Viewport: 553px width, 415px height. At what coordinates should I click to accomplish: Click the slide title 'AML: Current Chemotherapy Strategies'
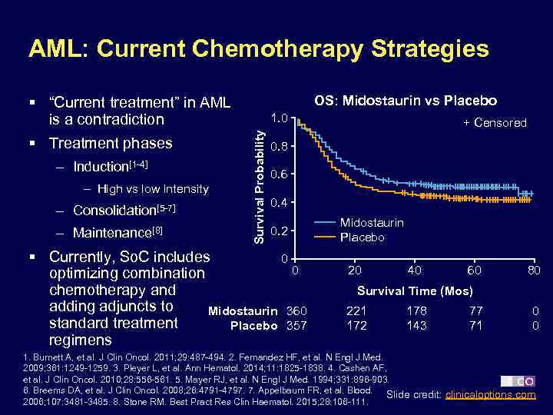click(x=258, y=49)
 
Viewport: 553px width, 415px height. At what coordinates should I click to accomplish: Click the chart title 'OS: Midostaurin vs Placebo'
click(x=406, y=101)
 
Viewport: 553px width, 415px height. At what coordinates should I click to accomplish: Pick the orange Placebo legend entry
click(x=363, y=237)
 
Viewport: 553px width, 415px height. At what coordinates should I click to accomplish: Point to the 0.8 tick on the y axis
click(x=280, y=146)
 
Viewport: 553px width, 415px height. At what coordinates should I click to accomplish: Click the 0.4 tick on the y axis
click(x=280, y=203)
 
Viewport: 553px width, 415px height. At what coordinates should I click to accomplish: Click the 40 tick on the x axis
click(x=415, y=271)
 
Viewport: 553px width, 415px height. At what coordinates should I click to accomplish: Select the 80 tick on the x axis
click(x=534, y=271)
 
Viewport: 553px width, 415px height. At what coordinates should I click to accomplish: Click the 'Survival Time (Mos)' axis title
click(x=415, y=291)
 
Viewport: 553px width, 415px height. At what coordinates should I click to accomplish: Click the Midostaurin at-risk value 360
click(x=296, y=310)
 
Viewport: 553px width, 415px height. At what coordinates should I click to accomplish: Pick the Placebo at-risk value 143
click(x=416, y=326)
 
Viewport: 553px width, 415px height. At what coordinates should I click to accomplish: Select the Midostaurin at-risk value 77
click(x=476, y=310)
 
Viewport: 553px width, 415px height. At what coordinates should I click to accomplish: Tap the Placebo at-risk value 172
click(x=356, y=326)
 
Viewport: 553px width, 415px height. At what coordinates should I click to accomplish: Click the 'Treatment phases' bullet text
click(x=111, y=143)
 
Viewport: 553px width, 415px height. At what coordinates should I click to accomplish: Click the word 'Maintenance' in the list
click(x=110, y=232)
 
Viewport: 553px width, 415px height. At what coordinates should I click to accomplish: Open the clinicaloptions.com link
click(x=492, y=395)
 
